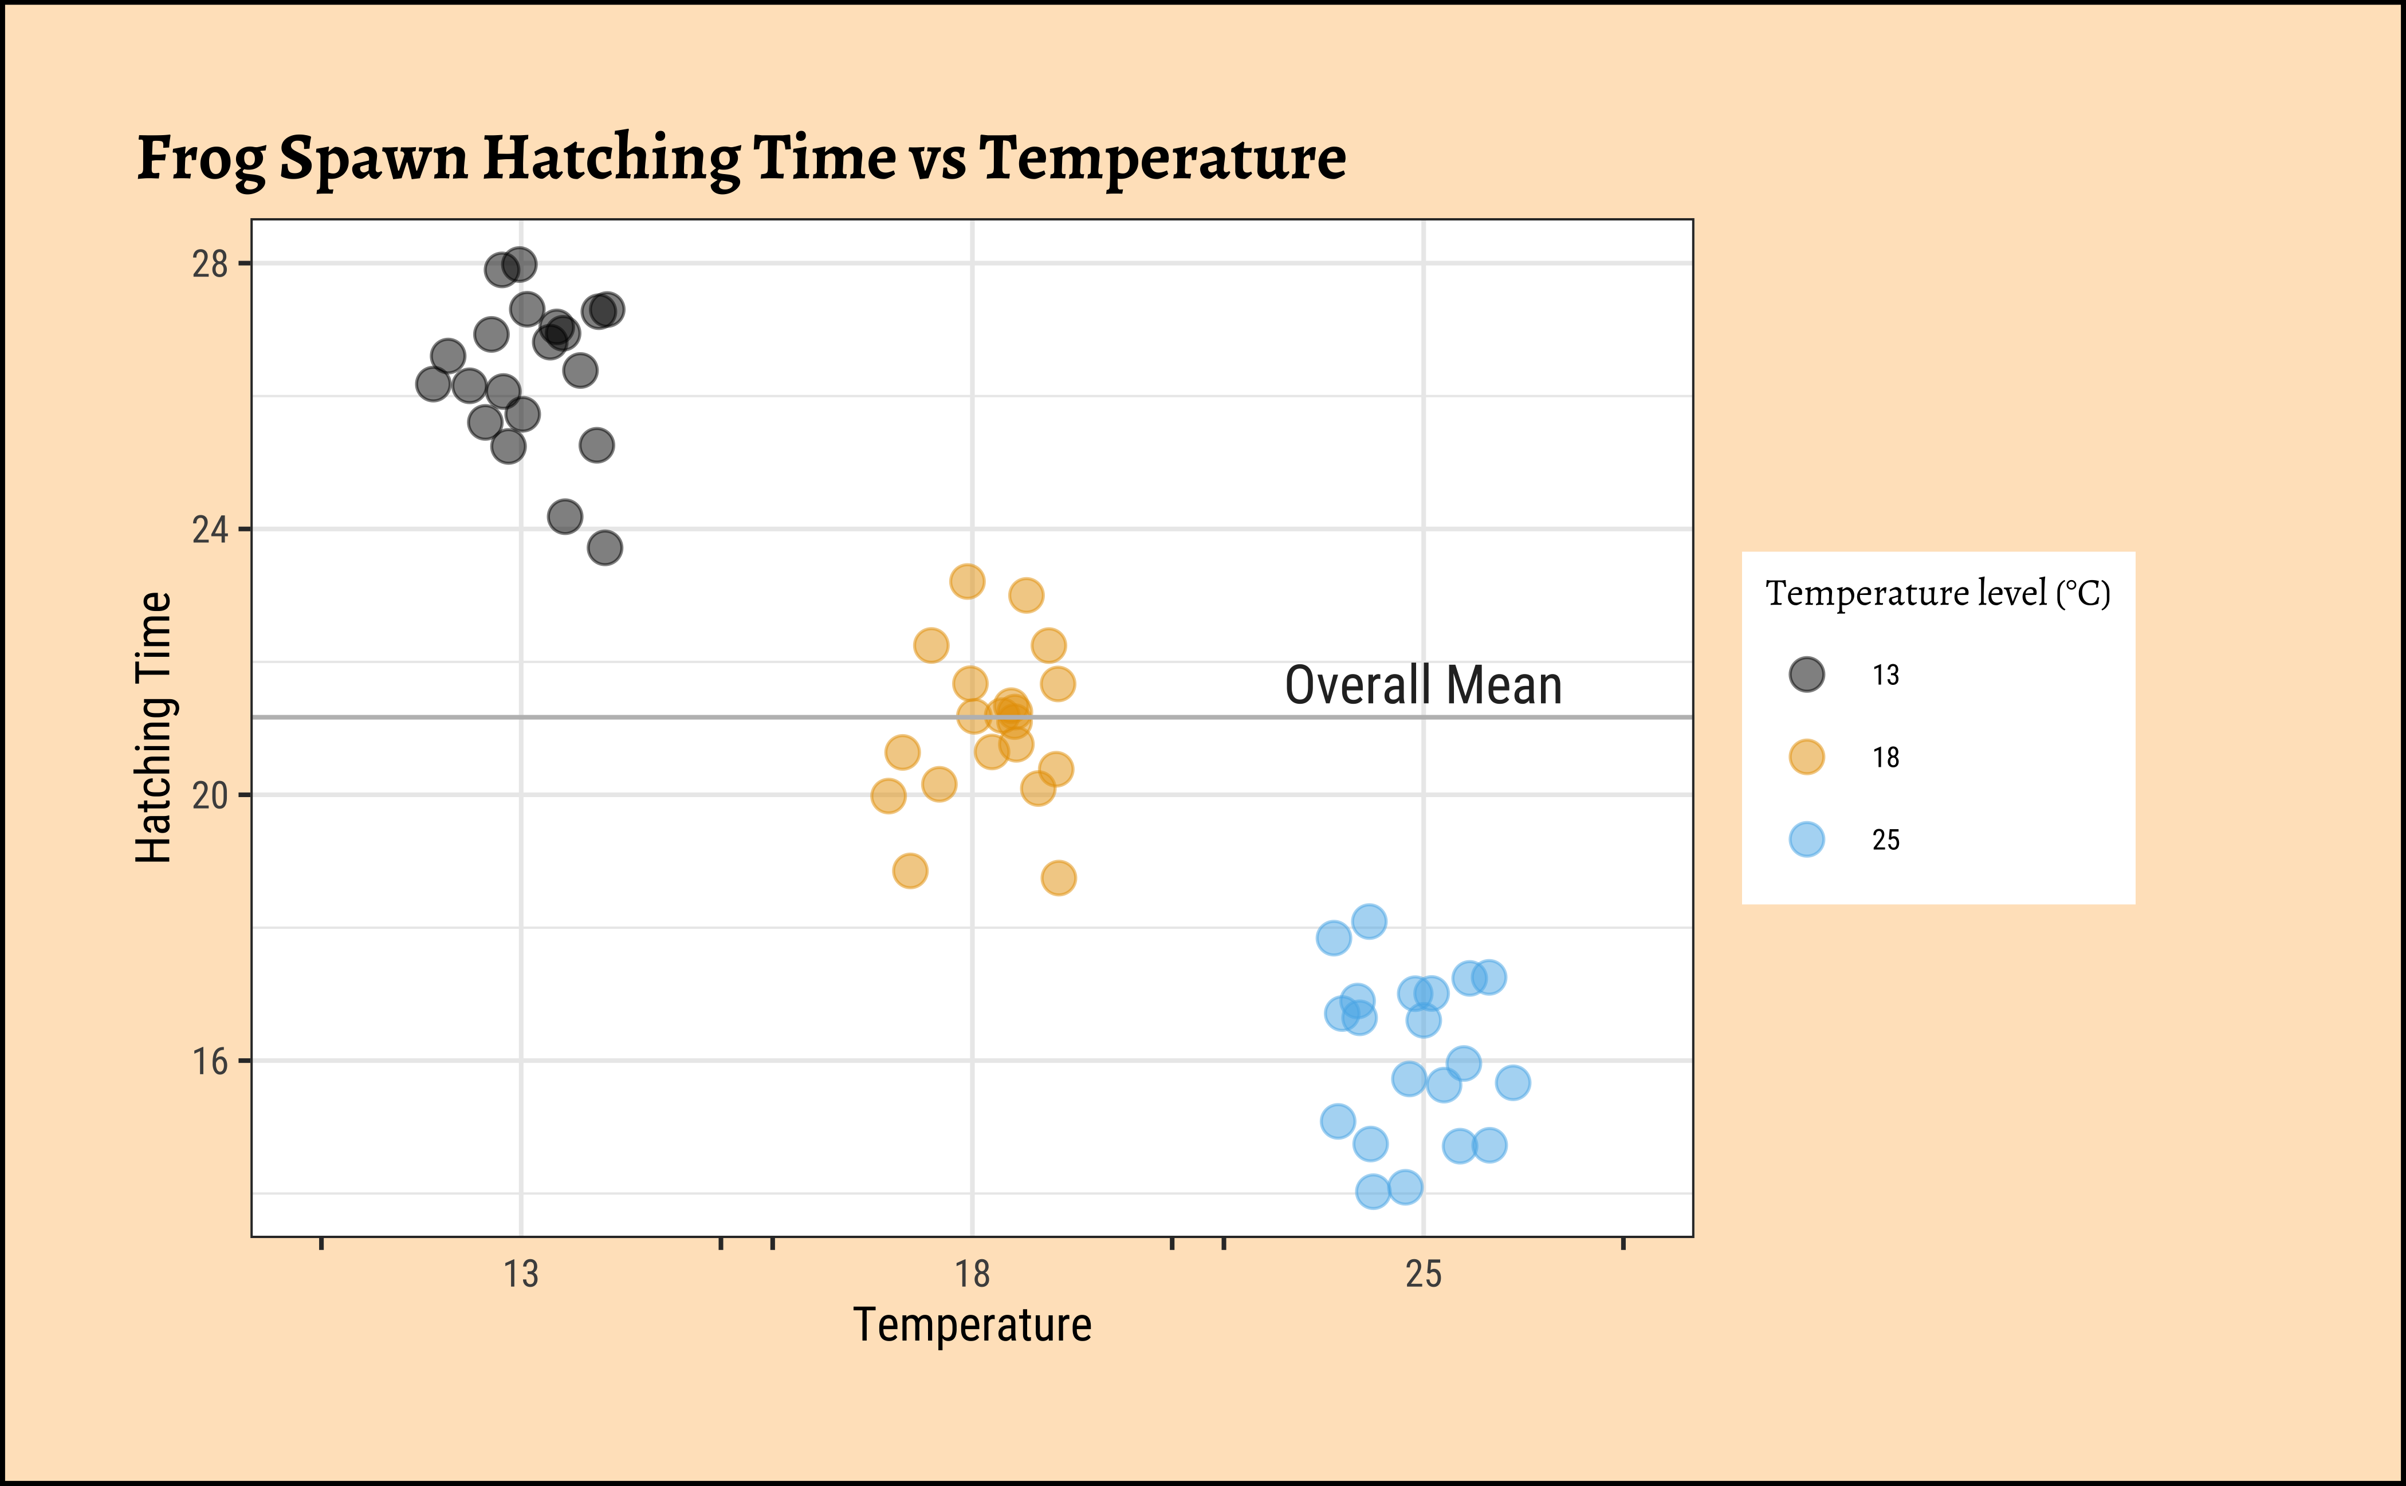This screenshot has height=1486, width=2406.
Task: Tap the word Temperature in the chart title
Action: pos(1162,157)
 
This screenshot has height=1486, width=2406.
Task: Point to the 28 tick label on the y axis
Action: pos(210,265)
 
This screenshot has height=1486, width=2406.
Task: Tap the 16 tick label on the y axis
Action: pos(210,1062)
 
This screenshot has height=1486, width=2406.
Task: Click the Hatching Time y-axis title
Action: pos(154,727)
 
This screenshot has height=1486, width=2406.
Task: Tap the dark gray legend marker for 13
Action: pos(1806,674)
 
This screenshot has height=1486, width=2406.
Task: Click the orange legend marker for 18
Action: pos(1806,757)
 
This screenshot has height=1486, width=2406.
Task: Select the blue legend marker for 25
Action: pos(1806,839)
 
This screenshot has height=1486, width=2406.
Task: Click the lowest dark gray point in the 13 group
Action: pos(605,547)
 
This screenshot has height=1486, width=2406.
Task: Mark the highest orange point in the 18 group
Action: pos(966,581)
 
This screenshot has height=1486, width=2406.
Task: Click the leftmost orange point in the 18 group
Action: pos(888,796)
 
